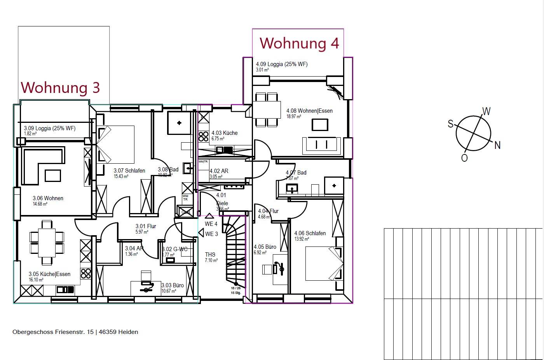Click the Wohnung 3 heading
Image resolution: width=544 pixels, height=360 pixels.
click(60, 87)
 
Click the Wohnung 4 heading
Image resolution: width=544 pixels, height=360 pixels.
click(299, 43)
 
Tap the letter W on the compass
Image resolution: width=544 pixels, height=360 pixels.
click(486, 112)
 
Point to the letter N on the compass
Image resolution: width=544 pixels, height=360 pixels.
click(497, 145)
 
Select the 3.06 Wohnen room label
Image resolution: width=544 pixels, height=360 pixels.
click(48, 198)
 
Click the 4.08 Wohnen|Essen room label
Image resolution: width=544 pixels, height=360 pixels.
click(309, 111)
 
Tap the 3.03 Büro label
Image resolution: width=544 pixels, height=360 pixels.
click(173, 285)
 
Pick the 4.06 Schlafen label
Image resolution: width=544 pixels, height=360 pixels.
click(310, 233)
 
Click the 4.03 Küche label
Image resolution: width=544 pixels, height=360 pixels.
click(224, 133)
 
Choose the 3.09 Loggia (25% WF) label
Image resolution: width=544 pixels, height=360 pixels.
click(50, 128)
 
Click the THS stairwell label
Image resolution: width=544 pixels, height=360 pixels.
click(210, 255)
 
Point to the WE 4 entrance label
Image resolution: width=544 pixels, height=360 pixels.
click(211, 224)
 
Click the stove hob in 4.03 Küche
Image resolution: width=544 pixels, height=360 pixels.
click(204, 136)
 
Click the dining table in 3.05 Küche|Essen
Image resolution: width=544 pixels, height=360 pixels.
click(47, 243)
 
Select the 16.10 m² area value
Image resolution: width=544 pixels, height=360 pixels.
click(36, 280)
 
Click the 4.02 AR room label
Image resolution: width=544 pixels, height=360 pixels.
click(219, 171)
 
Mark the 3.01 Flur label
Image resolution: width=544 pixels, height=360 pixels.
click(146, 226)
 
